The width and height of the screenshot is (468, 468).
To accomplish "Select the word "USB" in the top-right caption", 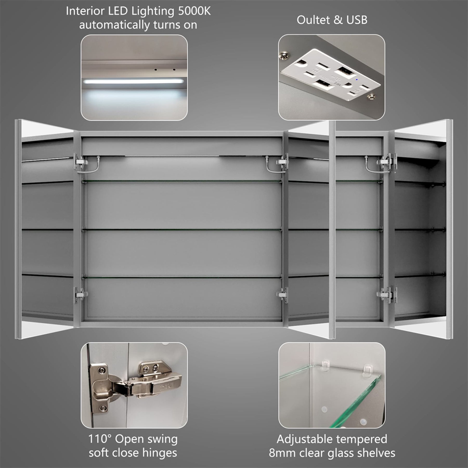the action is [x=357, y=20].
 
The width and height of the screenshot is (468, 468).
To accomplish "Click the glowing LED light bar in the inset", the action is [x=134, y=81].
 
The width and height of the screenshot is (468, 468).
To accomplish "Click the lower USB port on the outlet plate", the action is [x=321, y=85].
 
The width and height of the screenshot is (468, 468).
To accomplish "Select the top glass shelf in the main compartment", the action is [x=182, y=180].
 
